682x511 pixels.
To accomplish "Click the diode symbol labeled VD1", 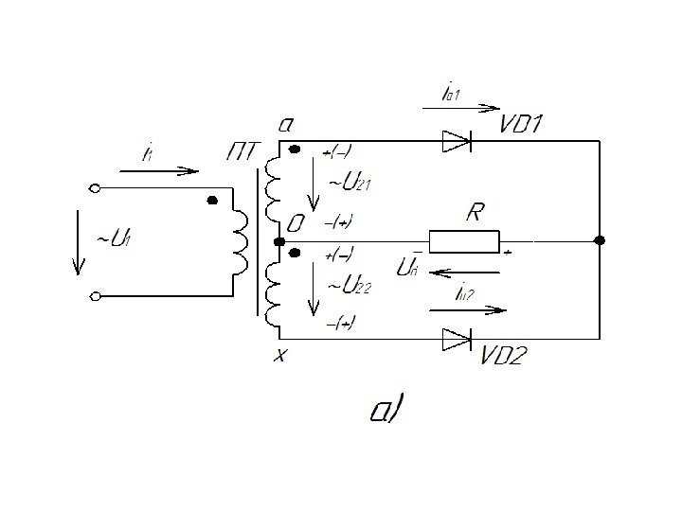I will pos(457,142).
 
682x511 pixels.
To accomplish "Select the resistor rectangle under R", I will pos(464,241).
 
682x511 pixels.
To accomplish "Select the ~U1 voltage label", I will pos(109,239).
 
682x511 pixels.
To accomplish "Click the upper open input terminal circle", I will pos(95,188).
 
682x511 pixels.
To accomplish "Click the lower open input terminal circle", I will pos(95,297).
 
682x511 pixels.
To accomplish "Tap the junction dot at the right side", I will pos(599,241).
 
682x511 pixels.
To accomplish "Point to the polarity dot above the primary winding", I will pos(212,201).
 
